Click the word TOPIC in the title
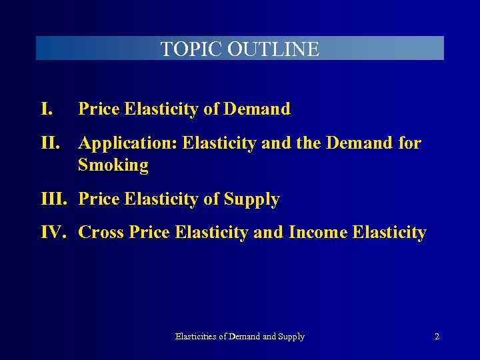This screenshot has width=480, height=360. point(192,49)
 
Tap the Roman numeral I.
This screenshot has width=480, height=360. point(47,109)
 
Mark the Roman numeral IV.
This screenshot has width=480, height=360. point(54,233)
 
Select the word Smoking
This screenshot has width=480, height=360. point(113,165)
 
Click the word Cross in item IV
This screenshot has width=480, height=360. point(100,233)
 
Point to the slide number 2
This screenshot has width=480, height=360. point(437,337)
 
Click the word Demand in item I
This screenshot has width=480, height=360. point(257,109)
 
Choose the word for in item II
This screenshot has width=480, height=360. point(409,143)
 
